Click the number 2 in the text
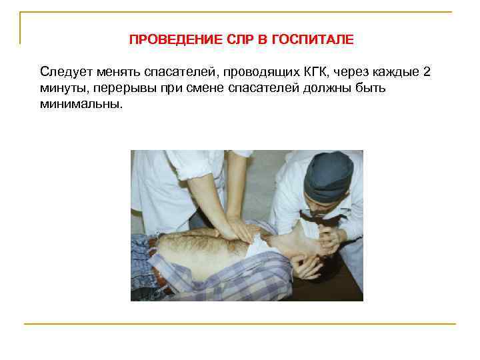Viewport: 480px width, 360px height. tap(427, 71)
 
